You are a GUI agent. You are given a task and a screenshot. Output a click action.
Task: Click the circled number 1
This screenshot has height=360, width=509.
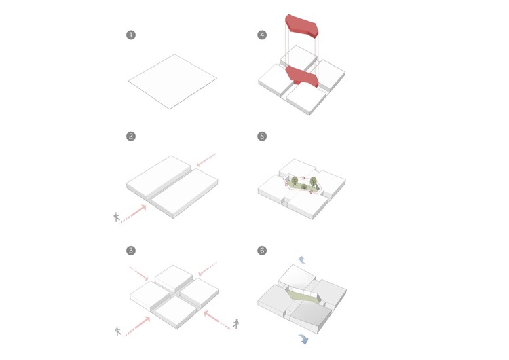coord(131,35)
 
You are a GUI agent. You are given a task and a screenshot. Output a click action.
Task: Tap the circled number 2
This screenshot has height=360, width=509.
coord(131,137)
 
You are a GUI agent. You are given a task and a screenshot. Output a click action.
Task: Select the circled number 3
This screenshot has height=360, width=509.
coord(131,251)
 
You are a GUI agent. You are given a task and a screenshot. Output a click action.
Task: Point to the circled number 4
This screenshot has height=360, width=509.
coord(262,35)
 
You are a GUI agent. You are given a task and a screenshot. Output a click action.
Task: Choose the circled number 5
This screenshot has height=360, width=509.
coord(262,137)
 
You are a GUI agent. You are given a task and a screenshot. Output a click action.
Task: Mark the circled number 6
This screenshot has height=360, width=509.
coord(262,251)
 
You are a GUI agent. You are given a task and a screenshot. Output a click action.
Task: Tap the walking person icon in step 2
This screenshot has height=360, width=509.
coord(117,217)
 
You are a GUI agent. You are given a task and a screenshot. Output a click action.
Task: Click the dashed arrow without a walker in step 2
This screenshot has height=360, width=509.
coord(206,160)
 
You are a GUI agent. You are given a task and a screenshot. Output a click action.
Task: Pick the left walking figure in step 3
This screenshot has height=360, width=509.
coord(117,331)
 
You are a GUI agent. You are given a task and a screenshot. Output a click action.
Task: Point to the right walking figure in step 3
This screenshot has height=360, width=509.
coord(235,323)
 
